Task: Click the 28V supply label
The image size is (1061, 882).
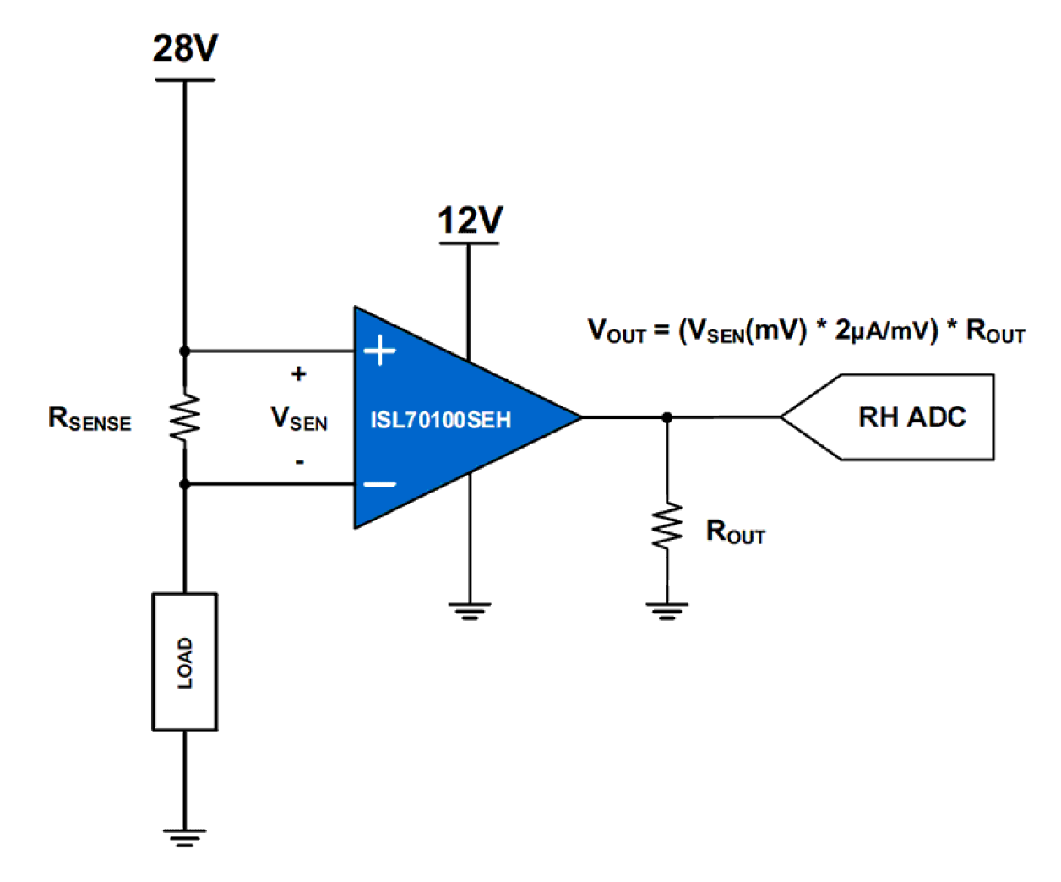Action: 185,48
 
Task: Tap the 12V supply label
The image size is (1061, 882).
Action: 470,221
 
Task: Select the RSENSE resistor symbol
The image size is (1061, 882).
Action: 185,416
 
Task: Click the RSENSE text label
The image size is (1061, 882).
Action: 90,419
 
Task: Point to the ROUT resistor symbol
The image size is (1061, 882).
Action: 667,527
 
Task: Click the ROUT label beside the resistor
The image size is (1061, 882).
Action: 735,532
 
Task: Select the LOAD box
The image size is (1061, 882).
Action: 185,661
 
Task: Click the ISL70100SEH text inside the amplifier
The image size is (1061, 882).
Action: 440,420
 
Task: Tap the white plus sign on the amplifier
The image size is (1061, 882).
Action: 380,350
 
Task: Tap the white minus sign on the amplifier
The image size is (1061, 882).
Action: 380,484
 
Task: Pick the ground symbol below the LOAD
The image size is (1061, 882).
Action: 185,837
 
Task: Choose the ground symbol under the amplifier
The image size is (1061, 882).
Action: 469,611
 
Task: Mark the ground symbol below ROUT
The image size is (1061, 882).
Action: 667,611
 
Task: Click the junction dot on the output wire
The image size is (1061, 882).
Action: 667,417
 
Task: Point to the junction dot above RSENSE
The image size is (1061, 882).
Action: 185,351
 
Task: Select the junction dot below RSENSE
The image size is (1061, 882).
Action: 185,484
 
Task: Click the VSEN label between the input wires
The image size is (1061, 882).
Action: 298,418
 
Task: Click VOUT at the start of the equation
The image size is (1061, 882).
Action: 616,330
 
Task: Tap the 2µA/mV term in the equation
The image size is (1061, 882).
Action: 886,329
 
